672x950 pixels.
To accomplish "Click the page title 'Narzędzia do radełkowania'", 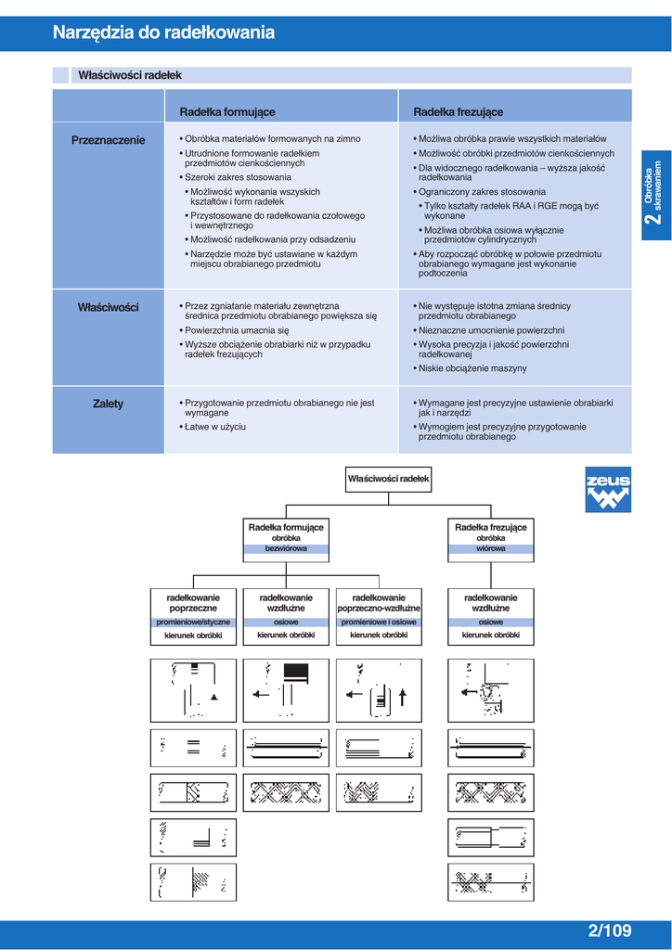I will [x=163, y=32].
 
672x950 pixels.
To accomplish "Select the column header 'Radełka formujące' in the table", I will [x=227, y=112].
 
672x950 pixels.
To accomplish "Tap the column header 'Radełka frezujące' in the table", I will [x=459, y=112].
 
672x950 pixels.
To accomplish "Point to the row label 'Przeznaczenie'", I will [x=109, y=140].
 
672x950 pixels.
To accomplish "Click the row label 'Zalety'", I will [x=109, y=404].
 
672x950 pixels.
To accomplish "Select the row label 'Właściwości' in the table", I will [x=109, y=307].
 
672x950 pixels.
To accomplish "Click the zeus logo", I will [x=608, y=489].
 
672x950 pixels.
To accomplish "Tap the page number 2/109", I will [x=609, y=931].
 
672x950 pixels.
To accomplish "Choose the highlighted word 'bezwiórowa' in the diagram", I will [x=285, y=548].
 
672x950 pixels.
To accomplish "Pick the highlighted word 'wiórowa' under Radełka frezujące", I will [x=491, y=548].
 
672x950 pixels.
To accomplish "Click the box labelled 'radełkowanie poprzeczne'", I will [x=193, y=602].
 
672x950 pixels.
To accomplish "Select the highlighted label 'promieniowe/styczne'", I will [x=193, y=623].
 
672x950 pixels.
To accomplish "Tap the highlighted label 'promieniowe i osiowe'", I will [x=379, y=623].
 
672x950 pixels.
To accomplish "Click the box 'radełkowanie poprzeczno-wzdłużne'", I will [x=379, y=602].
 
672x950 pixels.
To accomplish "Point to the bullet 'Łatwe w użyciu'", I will [x=215, y=427].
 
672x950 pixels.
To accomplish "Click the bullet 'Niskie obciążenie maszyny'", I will [x=472, y=368].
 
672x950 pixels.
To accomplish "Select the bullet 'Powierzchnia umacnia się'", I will [x=237, y=329].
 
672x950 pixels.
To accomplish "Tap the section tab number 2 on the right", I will [x=656, y=219].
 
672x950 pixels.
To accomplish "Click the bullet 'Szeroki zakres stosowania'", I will [x=238, y=177].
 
